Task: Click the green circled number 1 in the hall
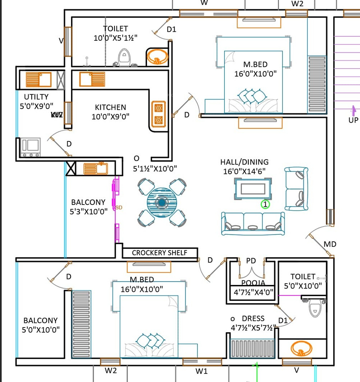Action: pyautogui.click(x=265, y=205)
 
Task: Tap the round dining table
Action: pyautogui.click(x=162, y=202)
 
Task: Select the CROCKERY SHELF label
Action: pyautogui.click(x=160, y=253)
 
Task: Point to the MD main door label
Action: pyautogui.click(x=330, y=244)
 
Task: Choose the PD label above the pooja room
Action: pyautogui.click(x=251, y=261)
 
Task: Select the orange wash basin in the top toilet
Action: pyautogui.click(x=157, y=57)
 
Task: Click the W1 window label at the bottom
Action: pyautogui.click(x=202, y=371)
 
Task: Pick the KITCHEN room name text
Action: pyautogui.click(x=111, y=107)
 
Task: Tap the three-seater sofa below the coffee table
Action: pyautogui.click(x=253, y=223)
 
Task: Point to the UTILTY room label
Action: pyautogui.click(x=36, y=97)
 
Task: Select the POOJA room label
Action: pyautogui.click(x=253, y=283)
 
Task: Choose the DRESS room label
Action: pyautogui.click(x=253, y=319)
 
